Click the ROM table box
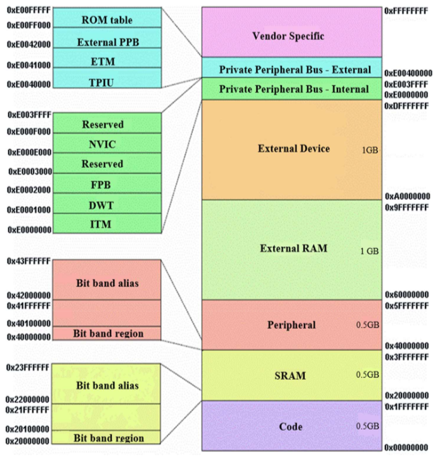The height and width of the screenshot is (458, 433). point(107,20)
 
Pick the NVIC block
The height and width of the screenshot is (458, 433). point(107,143)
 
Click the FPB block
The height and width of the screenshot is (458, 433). point(107,184)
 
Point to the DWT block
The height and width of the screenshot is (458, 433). point(107,204)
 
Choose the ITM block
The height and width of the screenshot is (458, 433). point(107,223)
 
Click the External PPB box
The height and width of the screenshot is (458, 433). point(107,42)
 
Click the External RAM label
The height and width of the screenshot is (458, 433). point(294,249)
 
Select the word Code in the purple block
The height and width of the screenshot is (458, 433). point(291,426)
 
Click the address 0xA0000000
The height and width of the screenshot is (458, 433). point(408,197)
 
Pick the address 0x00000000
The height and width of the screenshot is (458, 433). point(408,447)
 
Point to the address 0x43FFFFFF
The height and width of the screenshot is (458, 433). point(27,261)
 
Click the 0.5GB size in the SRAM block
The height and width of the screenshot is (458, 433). point(367,375)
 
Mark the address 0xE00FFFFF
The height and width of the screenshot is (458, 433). point(27,11)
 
